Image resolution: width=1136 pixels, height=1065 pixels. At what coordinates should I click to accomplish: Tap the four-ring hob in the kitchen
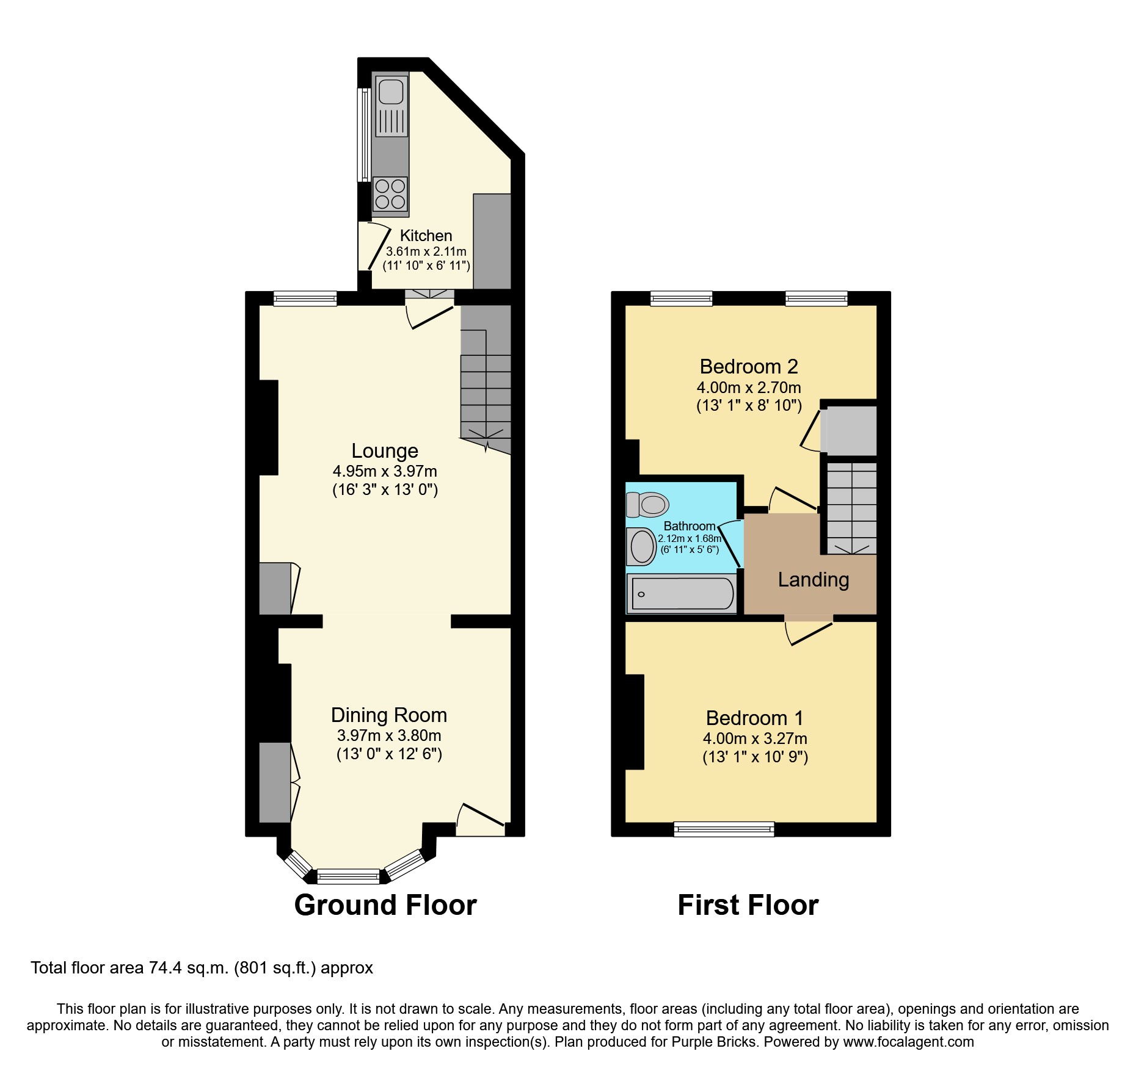(390, 194)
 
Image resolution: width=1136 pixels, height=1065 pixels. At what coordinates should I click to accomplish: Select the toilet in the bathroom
(647, 505)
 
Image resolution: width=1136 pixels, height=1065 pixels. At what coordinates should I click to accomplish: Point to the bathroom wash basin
(642, 546)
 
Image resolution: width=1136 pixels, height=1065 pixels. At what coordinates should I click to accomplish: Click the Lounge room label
(385, 451)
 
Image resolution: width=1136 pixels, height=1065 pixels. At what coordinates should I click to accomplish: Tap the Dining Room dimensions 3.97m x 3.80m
(389, 735)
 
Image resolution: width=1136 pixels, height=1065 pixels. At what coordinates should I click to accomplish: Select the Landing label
(813, 580)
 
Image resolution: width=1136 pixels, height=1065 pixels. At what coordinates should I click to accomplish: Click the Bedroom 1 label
(754, 718)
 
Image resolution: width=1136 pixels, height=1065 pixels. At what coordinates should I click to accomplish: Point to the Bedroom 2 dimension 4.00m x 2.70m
(749, 388)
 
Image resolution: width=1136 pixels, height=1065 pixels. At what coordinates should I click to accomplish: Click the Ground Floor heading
(385, 904)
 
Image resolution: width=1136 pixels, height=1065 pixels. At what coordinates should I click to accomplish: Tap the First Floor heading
(748, 904)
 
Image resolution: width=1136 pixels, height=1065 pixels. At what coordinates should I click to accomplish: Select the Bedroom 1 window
(724, 829)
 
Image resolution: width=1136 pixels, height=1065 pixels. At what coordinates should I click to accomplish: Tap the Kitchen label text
(426, 236)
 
